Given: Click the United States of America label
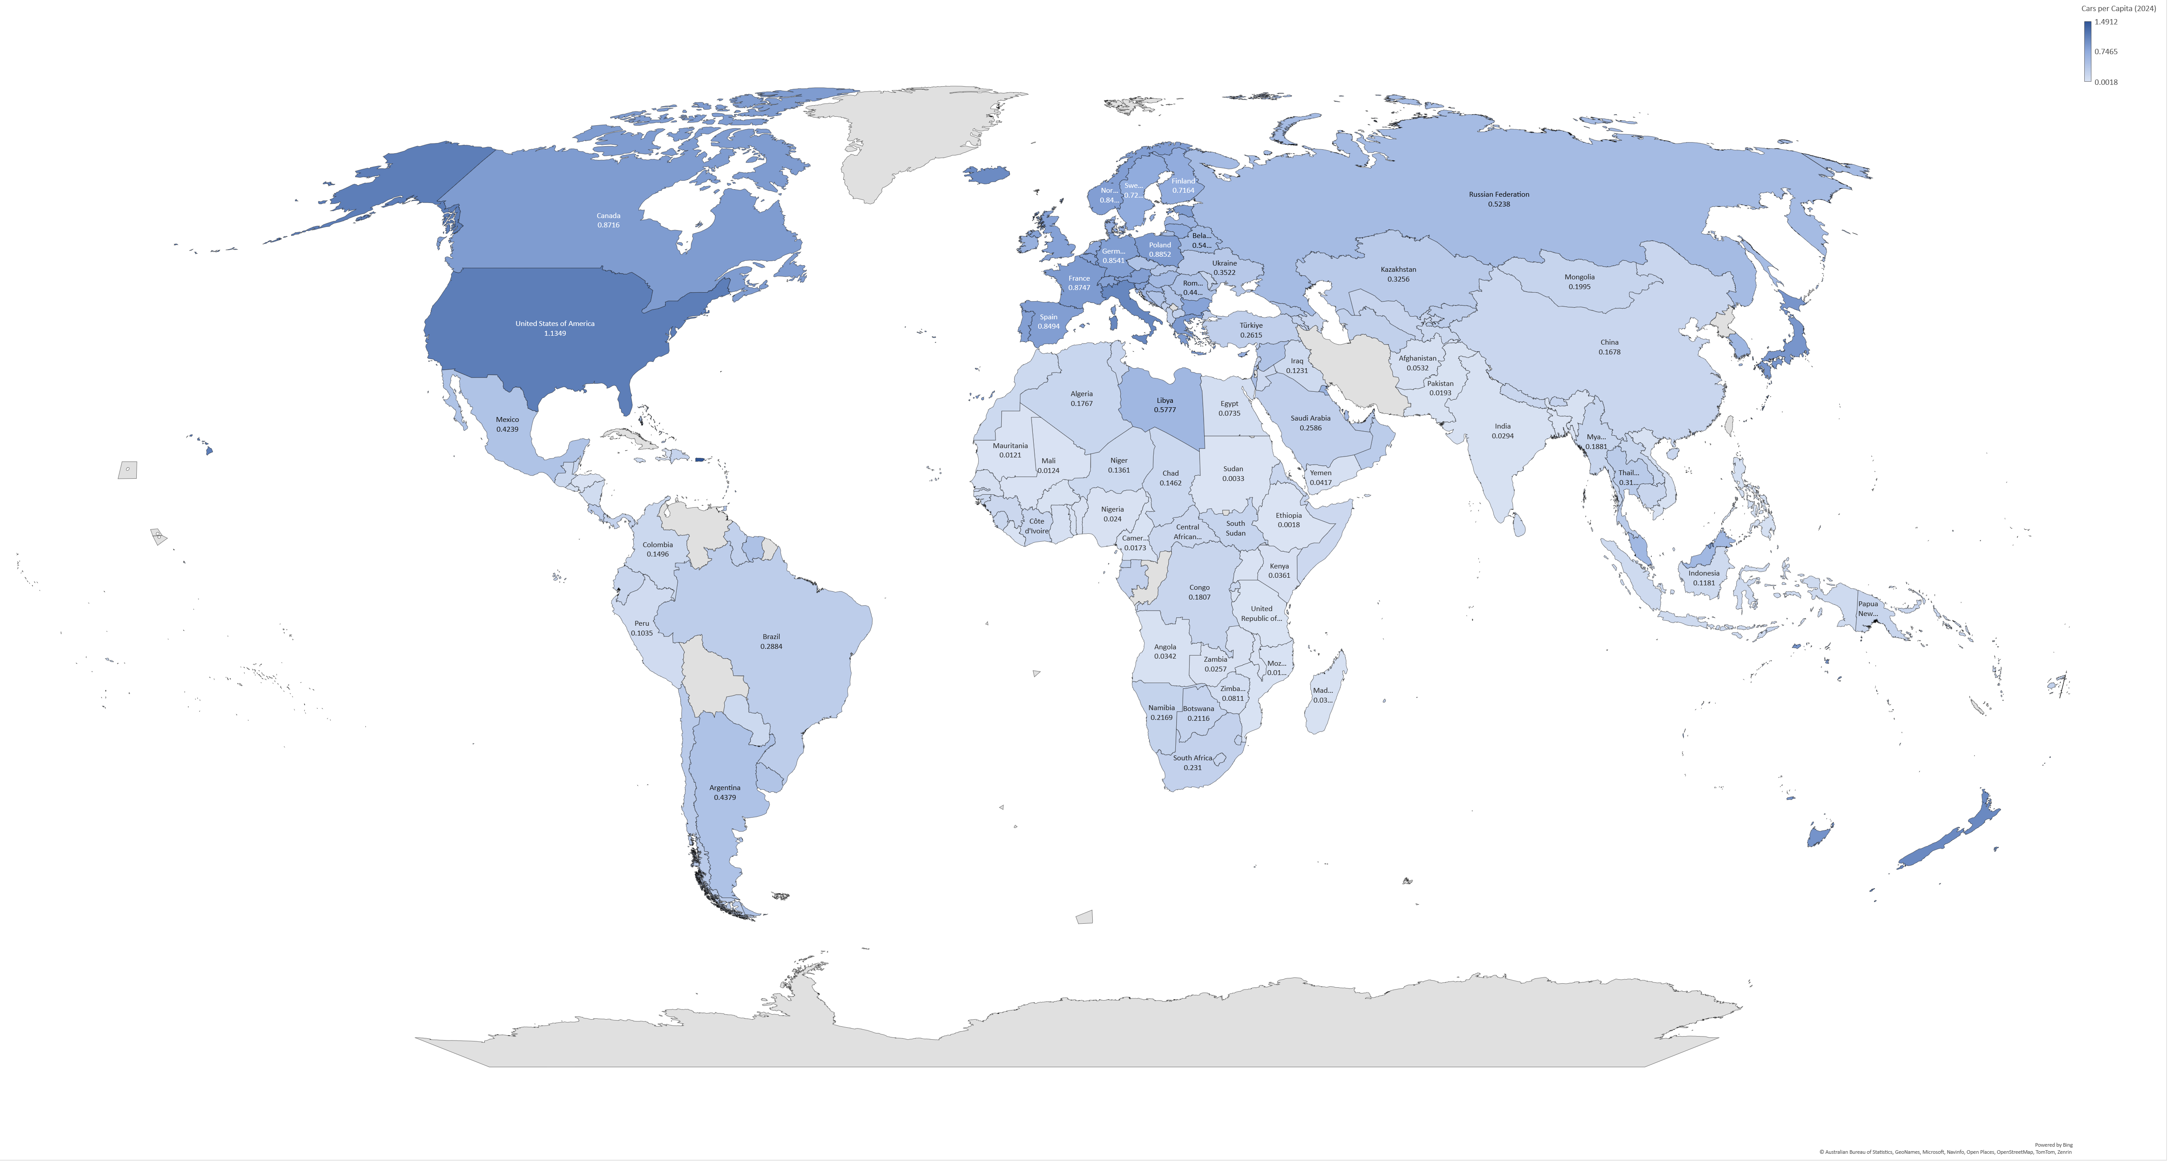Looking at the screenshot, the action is (x=555, y=323).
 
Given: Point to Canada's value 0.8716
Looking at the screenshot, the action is (x=607, y=225).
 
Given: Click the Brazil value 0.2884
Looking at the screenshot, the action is (x=770, y=647).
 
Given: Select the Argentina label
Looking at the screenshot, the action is (x=724, y=787).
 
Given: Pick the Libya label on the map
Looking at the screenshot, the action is (x=1165, y=400).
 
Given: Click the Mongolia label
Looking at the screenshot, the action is (x=1579, y=277).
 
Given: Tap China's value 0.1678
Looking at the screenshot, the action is (x=1609, y=352).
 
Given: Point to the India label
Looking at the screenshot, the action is (x=1502, y=426).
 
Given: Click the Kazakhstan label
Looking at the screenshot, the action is (x=1397, y=269).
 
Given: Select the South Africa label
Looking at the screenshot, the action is (x=1192, y=758).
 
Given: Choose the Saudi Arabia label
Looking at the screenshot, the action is (x=1310, y=418).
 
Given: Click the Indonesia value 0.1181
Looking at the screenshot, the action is (x=1703, y=583).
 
